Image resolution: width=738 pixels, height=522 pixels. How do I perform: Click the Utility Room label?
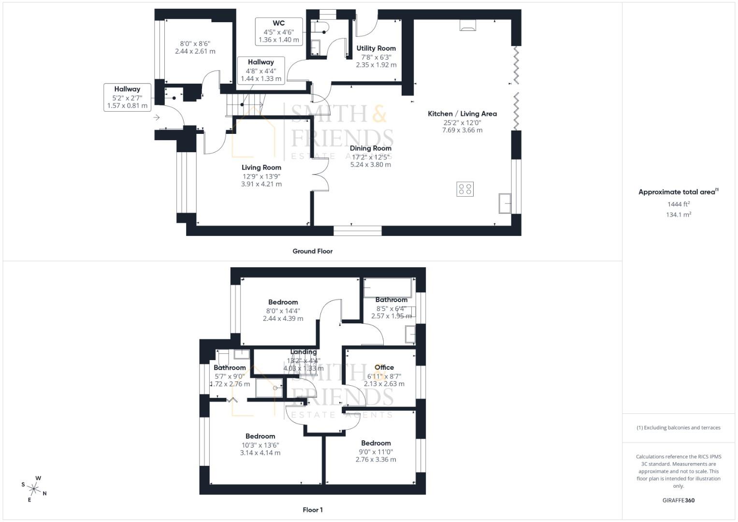tap(376, 48)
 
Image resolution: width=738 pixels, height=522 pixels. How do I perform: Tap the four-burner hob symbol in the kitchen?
tap(465, 189)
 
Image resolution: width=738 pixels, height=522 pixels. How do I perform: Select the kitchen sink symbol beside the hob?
tap(505, 203)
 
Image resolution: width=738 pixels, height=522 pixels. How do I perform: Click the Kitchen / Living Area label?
tap(462, 114)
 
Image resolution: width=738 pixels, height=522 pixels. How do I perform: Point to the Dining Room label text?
tap(371, 148)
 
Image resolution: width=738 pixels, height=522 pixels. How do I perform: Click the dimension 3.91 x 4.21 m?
tap(261, 184)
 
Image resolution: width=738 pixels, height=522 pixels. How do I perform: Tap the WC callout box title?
tap(279, 23)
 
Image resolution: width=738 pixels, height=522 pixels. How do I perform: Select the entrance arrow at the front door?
tap(157, 117)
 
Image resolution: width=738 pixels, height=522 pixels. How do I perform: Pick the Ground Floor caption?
tap(312, 251)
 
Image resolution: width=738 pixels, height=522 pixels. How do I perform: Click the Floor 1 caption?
tap(313, 510)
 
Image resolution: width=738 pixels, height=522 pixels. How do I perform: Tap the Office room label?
tap(384, 367)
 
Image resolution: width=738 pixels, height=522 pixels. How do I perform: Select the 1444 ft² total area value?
tap(679, 204)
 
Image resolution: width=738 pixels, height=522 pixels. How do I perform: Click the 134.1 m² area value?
tap(679, 215)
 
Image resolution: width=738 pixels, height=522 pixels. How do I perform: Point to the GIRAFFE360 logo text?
tap(679, 500)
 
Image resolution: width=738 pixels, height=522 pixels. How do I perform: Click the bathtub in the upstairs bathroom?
tap(388, 288)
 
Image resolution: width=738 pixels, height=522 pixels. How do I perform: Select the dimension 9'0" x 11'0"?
tap(376, 452)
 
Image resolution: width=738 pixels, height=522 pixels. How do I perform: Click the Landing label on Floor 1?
tap(304, 352)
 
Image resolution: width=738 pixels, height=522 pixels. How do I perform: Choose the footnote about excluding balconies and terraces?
tap(679, 428)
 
